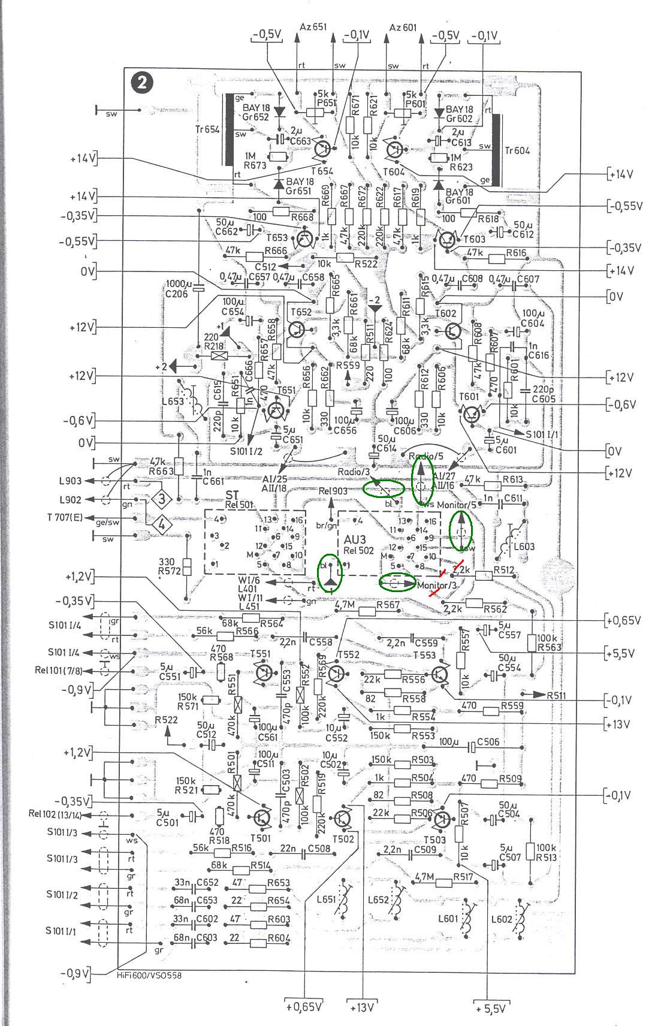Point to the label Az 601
click(x=404, y=27)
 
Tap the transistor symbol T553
click(x=440, y=672)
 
